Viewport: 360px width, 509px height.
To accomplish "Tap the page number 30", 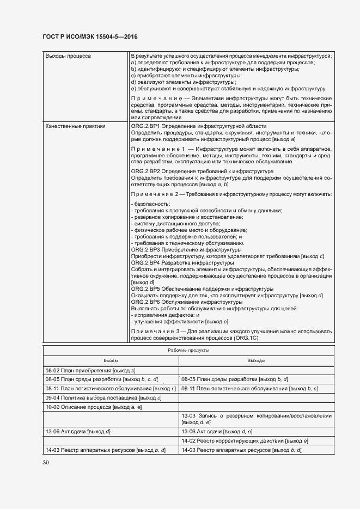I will tap(46, 463).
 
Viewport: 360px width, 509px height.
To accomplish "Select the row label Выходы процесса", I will tap(68, 56).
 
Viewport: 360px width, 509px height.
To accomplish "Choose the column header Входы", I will tap(111, 360).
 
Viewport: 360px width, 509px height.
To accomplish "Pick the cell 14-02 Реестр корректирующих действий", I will tap(245, 440).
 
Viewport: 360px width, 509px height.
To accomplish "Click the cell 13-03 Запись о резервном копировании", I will tap(256, 419).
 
